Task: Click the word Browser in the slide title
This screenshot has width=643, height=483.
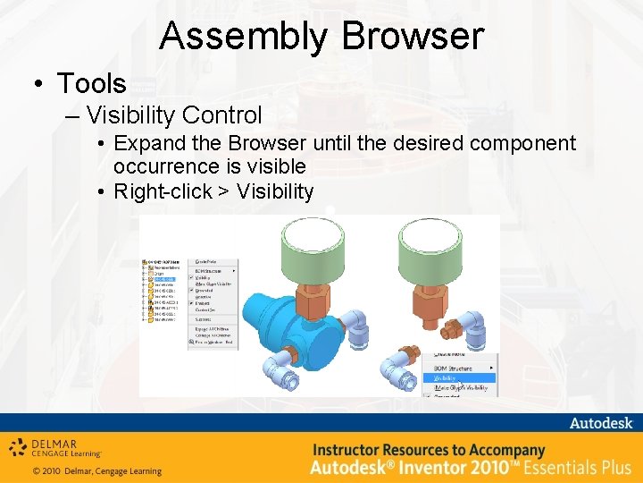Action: [412, 37]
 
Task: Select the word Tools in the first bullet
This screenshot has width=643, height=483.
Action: [91, 84]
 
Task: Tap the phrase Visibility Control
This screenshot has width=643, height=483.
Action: [174, 115]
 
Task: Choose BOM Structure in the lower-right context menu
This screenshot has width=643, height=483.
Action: [455, 368]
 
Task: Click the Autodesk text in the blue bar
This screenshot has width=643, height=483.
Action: [600, 422]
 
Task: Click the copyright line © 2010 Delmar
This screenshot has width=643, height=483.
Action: [97, 471]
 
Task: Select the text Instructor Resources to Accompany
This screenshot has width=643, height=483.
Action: [428, 450]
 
